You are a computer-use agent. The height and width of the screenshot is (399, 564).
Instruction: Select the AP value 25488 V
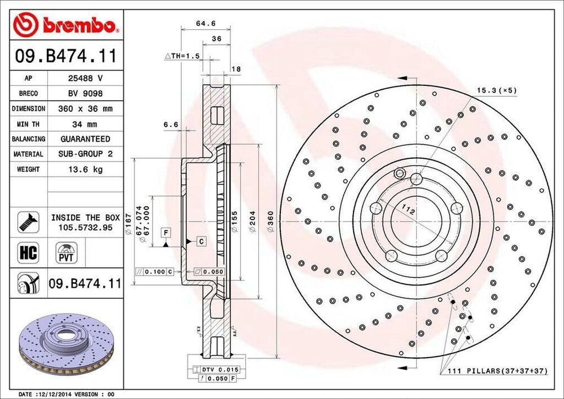[85, 78]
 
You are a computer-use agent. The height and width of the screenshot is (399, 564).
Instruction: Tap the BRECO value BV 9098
[85, 94]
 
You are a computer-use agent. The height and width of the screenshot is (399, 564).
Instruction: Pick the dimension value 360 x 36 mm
[85, 109]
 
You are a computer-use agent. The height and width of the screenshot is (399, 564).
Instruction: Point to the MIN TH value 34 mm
[85, 124]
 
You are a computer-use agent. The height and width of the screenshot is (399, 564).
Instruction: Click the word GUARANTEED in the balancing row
[85, 139]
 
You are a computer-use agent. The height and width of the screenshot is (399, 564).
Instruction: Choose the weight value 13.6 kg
[85, 170]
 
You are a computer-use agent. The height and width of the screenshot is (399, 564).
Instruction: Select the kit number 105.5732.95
[85, 227]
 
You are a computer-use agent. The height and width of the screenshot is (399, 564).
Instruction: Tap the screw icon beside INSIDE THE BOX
[28, 222]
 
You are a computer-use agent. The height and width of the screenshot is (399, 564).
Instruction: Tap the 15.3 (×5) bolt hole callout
[496, 90]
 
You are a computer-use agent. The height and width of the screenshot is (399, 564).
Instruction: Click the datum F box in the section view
[165, 233]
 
